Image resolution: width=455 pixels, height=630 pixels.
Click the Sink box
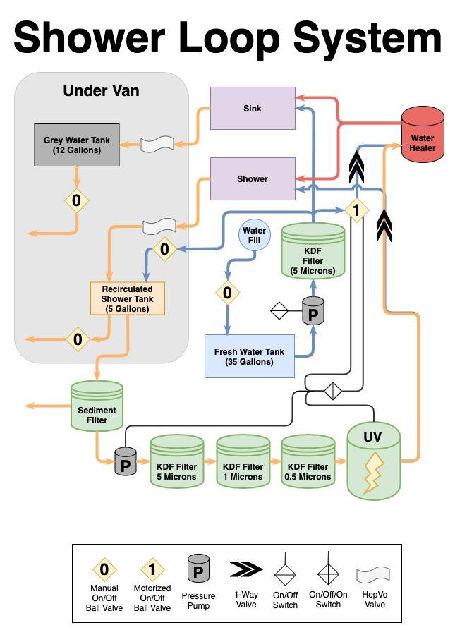pos(253,108)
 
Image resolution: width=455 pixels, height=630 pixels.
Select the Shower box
pos(253,178)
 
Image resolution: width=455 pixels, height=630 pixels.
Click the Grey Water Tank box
pos(77,145)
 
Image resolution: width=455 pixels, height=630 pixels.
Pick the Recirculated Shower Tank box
pos(127,298)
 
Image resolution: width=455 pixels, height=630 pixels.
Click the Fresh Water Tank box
pos(249,356)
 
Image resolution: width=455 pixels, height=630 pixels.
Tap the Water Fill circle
pos(254,236)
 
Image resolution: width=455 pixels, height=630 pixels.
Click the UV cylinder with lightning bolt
pos(373,462)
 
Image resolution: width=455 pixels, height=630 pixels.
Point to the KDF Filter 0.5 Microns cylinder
pos(308,466)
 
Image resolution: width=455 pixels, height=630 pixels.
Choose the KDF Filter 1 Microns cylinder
pos(243,466)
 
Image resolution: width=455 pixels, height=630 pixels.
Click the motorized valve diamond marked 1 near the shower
pos(356,210)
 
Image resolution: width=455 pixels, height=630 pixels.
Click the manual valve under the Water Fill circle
pos(227,292)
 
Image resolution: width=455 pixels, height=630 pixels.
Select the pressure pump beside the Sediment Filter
pos(126,463)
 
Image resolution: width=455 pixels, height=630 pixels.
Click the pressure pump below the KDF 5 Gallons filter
pos(312,310)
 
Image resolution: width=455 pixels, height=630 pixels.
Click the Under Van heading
pos(101,90)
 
